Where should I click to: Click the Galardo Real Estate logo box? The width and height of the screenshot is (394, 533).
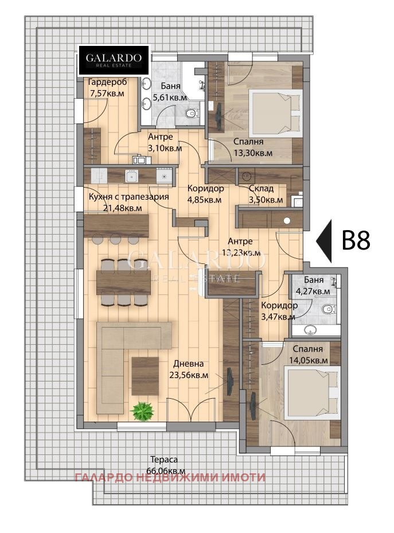pyautogui.click(x=114, y=60)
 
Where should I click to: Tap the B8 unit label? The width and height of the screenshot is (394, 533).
pyautogui.click(x=356, y=240)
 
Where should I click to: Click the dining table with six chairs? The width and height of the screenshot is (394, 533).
pyautogui.click(x=124, y=282)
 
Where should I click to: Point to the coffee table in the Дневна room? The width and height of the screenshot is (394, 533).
pyautogui.click(x=145, y=376)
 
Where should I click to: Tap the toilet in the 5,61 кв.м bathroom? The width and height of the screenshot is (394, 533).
pyautogui.click(x=192, y=113)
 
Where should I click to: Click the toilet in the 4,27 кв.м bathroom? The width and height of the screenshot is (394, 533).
pyautogui.click(x=329, y=310)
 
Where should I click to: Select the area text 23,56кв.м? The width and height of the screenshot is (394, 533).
pyautogui.click(x=189, y=376)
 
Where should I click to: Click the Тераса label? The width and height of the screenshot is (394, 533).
pyautogui.click(x=164, y=460)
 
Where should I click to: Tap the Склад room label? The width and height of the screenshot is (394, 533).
pyautogui.click(x=261, y=188)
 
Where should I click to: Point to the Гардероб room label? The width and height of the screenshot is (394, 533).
pyautogui.click(x=107, y=82)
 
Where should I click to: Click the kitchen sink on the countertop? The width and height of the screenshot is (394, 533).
pyautogui.click(x=131, y=176)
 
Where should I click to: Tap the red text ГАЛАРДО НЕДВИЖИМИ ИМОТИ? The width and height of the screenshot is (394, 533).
pyautogui.click(x=170, y=477)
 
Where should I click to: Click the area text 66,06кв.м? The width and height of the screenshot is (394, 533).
pyautogui.click(x=166, y=471)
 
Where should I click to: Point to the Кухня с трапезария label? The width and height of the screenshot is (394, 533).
pyautogui.click(x=128, y=197)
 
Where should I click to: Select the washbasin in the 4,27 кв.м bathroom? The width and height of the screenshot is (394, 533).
pyautogui.click(x=311, y=329)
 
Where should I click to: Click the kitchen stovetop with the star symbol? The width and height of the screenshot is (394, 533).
pyautogui.click(x=164, y=176)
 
